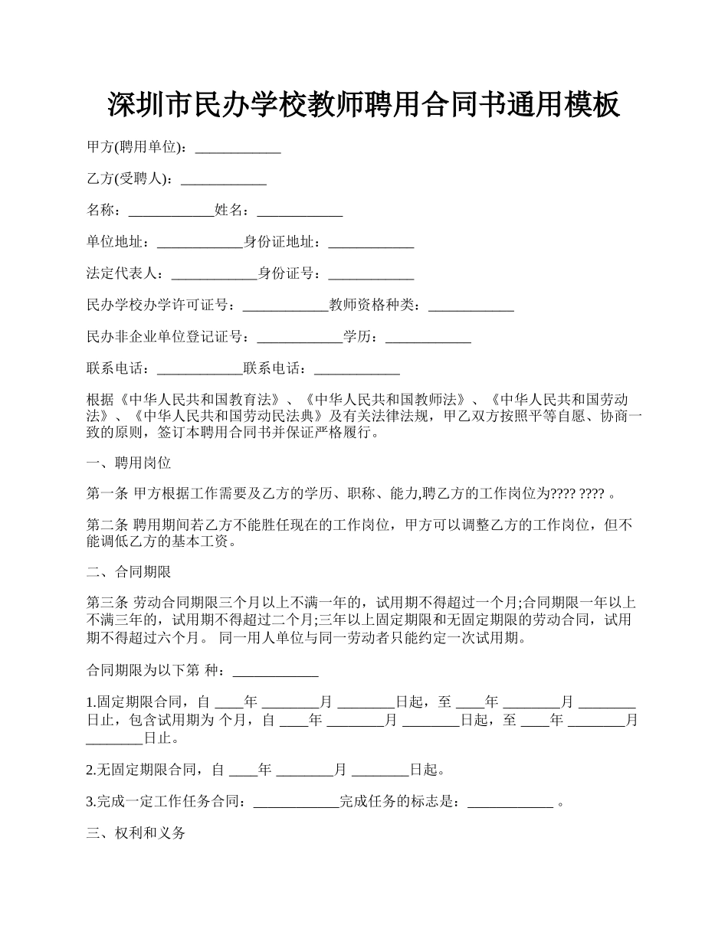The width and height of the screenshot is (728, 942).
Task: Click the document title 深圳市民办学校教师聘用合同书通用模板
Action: [363, 105]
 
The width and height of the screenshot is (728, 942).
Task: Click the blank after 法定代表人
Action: [214, 273]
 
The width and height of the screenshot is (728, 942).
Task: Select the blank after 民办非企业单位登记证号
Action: [300, 336]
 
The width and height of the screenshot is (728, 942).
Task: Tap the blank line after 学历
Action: [428, 336]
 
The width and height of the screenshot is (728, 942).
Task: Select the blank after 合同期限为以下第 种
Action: [275, 672]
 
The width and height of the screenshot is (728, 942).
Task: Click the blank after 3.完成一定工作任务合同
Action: [296, 803]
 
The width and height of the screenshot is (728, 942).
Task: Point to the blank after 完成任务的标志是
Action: [510, 803]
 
